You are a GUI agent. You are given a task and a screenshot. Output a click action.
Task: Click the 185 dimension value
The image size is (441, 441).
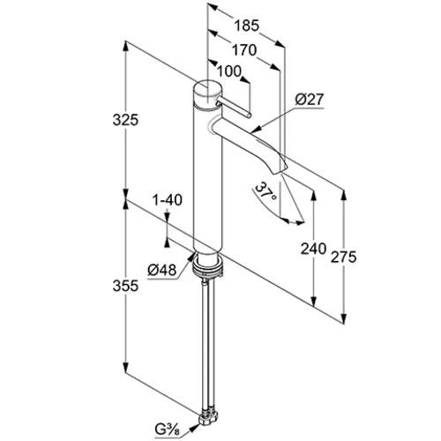point(246,26)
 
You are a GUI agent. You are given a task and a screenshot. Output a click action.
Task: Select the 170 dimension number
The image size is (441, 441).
point(244,50)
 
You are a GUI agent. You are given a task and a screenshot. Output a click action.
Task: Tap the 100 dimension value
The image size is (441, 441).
point(229,71)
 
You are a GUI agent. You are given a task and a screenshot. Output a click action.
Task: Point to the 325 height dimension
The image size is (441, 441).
point(125,120)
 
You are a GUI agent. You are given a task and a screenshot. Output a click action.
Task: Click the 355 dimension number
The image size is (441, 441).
point(125,286)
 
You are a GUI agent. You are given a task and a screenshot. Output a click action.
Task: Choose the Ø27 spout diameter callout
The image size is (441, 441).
point(310,100)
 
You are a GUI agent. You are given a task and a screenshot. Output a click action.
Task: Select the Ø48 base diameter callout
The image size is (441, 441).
point(162,270)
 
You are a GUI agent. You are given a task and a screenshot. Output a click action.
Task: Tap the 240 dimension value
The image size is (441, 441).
point(313,249)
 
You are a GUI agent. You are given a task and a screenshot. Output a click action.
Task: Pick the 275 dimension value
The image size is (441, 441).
point(343,258)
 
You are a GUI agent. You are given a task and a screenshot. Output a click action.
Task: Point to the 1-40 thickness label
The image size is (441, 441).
point(168,200)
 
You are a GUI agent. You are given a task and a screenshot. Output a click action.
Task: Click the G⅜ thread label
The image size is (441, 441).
point(168,430)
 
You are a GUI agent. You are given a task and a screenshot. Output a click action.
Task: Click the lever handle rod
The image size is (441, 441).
point(234,108)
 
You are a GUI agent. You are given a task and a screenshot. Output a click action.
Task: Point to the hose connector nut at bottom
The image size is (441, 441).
point(209,418)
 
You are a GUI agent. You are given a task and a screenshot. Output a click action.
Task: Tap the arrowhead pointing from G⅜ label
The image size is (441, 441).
point(194,428)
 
